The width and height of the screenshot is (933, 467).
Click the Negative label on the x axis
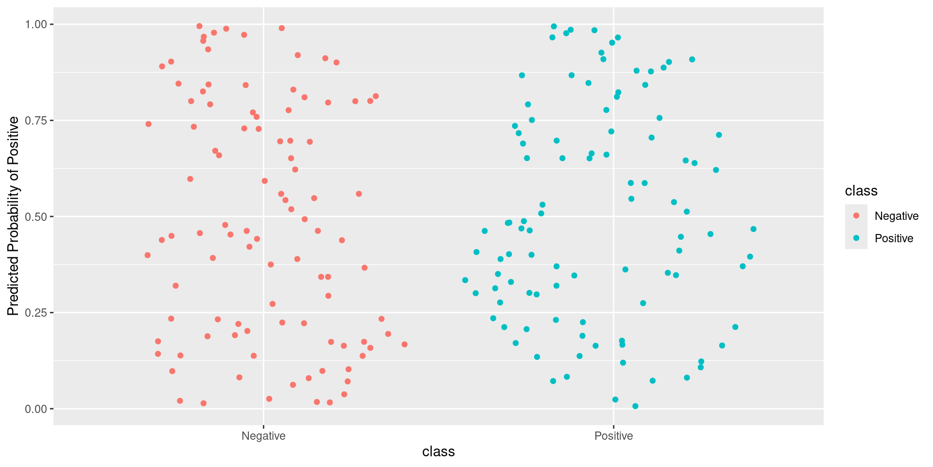coord(263,436)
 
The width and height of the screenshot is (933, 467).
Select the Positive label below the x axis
coord(614,436)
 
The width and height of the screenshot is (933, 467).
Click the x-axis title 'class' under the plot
coord(438,452)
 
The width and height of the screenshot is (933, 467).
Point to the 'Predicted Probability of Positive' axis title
coord(13,216)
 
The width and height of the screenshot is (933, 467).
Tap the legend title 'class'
coord(861,191)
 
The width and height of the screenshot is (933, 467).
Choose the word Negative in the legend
coord(896,216)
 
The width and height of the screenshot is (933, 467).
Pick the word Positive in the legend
coord(894,238)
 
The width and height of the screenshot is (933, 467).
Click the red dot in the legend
coord(856,216)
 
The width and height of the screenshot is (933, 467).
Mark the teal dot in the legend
coord(856,238)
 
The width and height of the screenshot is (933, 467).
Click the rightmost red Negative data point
coord(404,344)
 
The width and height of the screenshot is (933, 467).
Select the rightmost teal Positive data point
coord(753,229)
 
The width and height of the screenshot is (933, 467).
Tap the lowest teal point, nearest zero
coord(635,406)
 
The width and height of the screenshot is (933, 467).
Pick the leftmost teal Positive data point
coord(465,280)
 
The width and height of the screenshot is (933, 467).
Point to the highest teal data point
coord(553,26)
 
